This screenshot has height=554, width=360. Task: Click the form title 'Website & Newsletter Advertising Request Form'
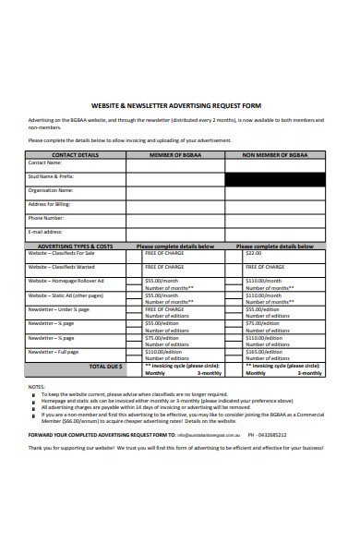coord(180,105)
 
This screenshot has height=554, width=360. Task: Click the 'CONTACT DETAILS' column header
coord(76,155)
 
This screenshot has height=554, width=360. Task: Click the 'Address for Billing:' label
coord(54,204)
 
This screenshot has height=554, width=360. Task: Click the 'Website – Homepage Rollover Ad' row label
coord(66,280)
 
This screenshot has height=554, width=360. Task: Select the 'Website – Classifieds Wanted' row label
coord(65,267)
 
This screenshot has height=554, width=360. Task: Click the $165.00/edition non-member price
coord(262,351)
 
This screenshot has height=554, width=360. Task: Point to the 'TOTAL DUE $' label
coord(105,366)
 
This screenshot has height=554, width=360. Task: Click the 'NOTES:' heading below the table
coord(37,386)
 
